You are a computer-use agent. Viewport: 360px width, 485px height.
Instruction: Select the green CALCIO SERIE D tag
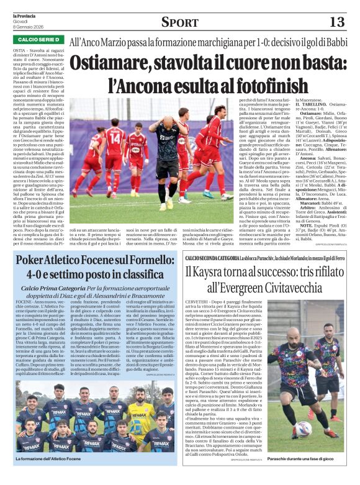(35, 40)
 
